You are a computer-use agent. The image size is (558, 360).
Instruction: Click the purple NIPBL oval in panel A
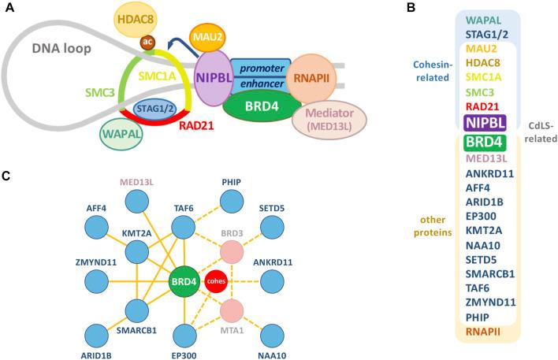(220, 78)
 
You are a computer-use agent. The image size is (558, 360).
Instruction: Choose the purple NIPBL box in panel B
(483, 122)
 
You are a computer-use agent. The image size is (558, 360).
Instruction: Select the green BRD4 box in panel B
(483, 143)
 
